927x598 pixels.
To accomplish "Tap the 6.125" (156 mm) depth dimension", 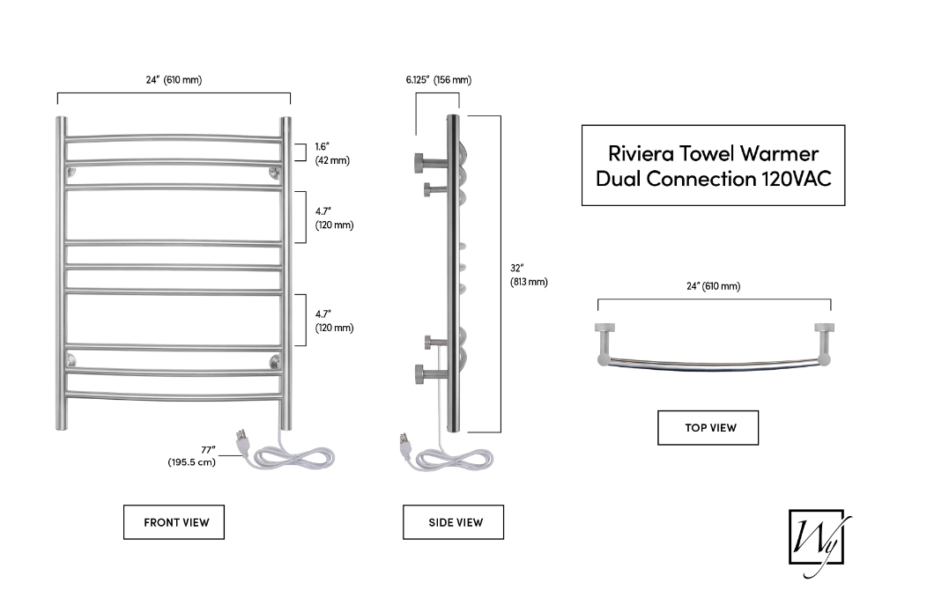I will point(438,80).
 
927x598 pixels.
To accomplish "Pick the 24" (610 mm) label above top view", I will point(713,286).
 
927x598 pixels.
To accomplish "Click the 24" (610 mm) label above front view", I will point(174,80).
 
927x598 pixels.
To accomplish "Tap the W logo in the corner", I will point(815,540).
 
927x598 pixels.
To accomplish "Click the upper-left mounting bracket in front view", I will point(71,172).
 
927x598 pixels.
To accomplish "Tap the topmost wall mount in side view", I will point(420,161).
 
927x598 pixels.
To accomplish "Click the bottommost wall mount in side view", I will point(419,373).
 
